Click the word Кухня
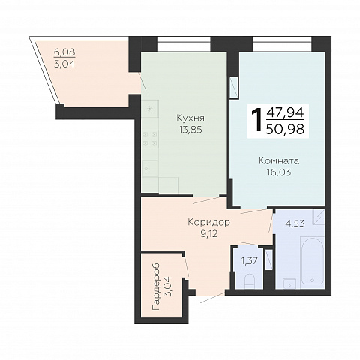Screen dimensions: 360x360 click(190, 118)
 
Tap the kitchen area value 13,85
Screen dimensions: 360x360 click(190, 130)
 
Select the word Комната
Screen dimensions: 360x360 click(279, 160)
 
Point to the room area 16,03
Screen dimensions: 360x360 click(279, 172)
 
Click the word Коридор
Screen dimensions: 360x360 click(208, 223)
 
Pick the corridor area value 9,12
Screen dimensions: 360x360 click(208, 234)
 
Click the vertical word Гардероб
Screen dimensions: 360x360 click(156, 286)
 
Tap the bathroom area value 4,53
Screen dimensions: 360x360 click(295, 223)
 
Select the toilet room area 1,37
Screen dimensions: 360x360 click(249, 261)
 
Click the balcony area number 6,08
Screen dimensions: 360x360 click(64, 52)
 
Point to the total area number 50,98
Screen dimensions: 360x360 click(285, 129)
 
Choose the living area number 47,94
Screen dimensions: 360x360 click(285, 112)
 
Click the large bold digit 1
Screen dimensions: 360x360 click(256, 119)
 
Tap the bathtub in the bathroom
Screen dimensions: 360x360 click(312, 263)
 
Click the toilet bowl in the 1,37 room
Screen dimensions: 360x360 click(249, 281)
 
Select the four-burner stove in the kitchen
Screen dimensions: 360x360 click(150, 139)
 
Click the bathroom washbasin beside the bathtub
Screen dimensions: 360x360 click(289, 284)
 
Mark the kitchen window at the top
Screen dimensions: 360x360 click(184, 44)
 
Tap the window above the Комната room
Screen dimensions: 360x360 click(282, 44)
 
